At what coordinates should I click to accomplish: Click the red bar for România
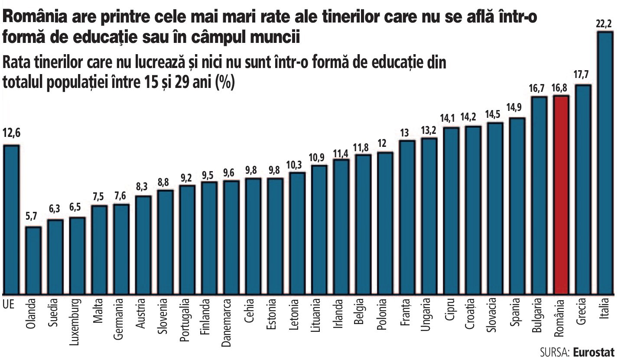[x=561, y=195]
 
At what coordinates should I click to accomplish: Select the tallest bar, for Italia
[x=605, y=163]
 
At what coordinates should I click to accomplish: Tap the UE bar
[x=11, y=220]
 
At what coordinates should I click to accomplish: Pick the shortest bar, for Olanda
[x=33, y=260]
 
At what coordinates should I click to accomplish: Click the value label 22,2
[x=605, y=24]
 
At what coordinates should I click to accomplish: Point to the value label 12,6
[x=11, y=133]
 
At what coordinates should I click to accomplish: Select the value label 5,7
[x=31, y=217]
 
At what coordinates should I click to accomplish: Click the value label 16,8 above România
[x=559, y=88]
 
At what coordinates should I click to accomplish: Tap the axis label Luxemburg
[x=74, y=322]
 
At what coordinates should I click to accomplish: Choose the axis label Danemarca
[x=226, y=323]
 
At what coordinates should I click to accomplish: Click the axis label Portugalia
[x=184, y=320]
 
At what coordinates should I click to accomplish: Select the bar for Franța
[x=407, y=217]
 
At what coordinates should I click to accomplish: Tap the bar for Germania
[x=121, y=249]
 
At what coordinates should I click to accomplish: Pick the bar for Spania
[x=517, y=206]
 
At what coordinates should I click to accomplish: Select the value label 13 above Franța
[x=404, y=133]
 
